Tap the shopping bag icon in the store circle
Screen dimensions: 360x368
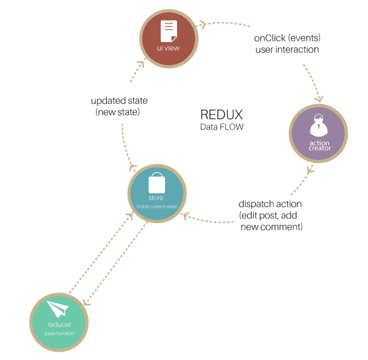(x=156, y=182)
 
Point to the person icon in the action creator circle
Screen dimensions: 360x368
(x=319, y=127)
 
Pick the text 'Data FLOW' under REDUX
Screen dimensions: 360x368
(x=222, y=127)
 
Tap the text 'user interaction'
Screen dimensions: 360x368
(x=287, y=49)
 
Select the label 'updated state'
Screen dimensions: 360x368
(x=119, y=101)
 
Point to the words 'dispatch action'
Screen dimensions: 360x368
(x=270, y=204)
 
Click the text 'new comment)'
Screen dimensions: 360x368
(x=272, y=227)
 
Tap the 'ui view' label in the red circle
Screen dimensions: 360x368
(x=168, y=48)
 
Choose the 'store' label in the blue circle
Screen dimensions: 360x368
(x=156, y=197)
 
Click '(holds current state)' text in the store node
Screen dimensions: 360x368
(x=156, y=206)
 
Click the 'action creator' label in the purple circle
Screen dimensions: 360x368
(x=320, y=145)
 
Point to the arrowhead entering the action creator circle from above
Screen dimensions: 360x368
(x=320, y=99)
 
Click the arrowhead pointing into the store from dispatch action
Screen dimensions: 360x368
(x=185, y=216)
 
